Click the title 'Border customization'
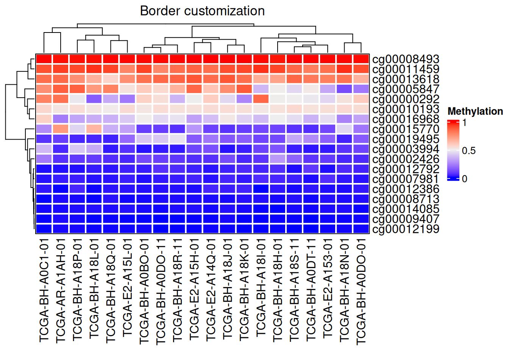click(202, 11)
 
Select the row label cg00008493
click(406, 59)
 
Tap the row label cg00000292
click(406, 99)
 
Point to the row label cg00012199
click(406, 229)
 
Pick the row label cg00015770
click(406, 129)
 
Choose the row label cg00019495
click(406, 139)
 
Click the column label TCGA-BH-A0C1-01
click(44, 290)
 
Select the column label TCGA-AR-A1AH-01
click(61, 291)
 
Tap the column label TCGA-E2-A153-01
click(328, 288)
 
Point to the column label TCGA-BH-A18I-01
click(261, 287)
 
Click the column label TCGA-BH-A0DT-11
click(311, 290)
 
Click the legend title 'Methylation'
click(475, 112)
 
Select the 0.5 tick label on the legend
click(469, 150)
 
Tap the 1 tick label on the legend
click(465, 123)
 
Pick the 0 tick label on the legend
click(465, 179)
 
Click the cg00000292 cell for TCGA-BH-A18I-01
click(261, 99)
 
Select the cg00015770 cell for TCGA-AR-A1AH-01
click(61, 129)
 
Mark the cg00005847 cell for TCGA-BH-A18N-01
click(344, 89)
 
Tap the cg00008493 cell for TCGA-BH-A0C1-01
click(44, 59)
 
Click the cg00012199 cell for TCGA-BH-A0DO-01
click(361, 229)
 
